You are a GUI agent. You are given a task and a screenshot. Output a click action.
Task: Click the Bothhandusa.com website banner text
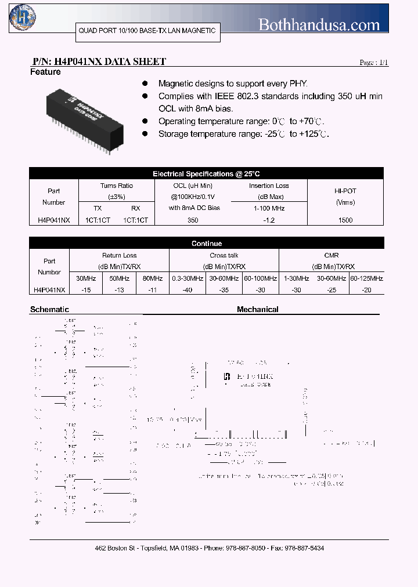coord(319,24)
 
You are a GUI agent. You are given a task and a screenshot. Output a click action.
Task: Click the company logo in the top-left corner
coord(22,17)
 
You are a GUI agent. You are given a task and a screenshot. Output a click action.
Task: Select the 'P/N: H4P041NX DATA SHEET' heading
coord(99,61)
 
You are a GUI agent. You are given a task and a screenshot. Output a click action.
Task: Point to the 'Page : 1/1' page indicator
coord(374,63)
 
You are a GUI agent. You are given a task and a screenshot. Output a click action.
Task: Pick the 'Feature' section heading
coord(45,72)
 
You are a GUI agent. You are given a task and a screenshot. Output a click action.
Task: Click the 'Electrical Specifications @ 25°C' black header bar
coord(206,173)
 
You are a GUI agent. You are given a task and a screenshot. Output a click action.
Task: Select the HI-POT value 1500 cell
coord(345,220)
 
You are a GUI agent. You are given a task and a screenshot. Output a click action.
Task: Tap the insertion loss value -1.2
coord(269,220)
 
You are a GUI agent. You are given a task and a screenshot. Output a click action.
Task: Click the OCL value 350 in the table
coord(193,220)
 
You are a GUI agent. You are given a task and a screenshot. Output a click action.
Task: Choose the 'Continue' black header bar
coord(206,244)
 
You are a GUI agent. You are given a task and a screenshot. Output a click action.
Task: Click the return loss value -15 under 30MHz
coord(86,289)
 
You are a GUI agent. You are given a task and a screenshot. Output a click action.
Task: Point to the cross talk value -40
coord(187,289)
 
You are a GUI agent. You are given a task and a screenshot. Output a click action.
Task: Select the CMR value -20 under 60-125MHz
coord(366,289)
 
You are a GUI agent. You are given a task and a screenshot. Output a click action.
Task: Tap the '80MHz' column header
coord(152,278)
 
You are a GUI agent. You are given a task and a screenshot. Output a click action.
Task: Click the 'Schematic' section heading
coord(49,310)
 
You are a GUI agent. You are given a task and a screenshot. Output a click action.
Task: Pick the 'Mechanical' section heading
coord(257,310)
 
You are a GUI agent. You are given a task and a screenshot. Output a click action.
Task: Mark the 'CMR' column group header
coord(331,255)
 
